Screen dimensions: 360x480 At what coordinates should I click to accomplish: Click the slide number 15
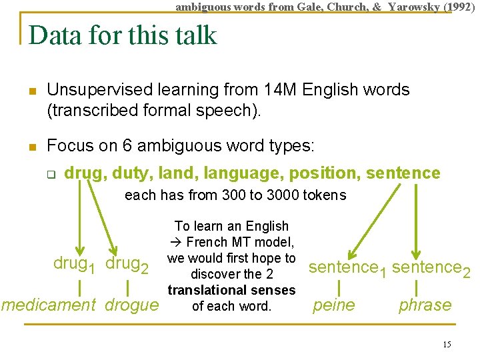pyautogui.click(x=447, y=344)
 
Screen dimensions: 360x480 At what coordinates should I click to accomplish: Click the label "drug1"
pyautogui.click(x=74, y=264)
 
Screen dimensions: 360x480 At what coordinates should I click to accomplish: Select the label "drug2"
pyautogui.click(x=127, y=264)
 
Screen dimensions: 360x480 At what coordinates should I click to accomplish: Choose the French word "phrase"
pyautogui.click(x=425, y=305)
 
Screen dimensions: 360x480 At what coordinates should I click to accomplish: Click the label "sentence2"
pyautogui.click(x=431, y=269)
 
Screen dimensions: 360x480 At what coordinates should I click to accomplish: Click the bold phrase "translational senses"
pyautogui.click(x=231, y=291)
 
